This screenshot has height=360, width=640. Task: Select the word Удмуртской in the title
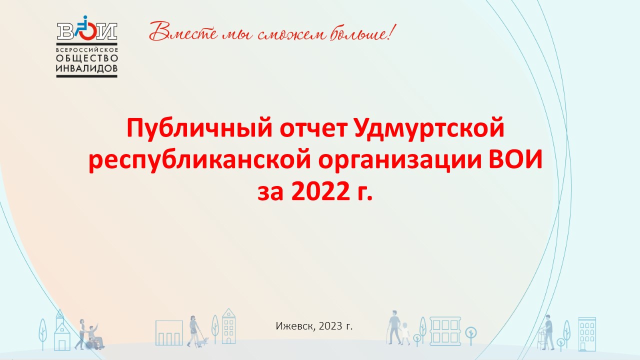[x=429, y=128]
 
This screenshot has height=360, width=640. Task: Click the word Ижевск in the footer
[x=294, y=326]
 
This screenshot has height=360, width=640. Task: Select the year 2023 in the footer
[x=330, y=326]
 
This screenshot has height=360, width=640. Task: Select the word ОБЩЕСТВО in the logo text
[x=87, y=58]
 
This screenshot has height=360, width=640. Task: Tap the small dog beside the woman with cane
[x=203, y=341]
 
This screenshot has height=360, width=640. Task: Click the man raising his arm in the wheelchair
[x=95, y=336]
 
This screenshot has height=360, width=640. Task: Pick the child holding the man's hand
[x=405, y=333]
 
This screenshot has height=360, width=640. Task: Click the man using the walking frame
[x=546, y=332]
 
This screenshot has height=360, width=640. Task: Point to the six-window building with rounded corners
[x=445, y=331]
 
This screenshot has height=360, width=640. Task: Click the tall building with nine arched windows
[x=587, y=333]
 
